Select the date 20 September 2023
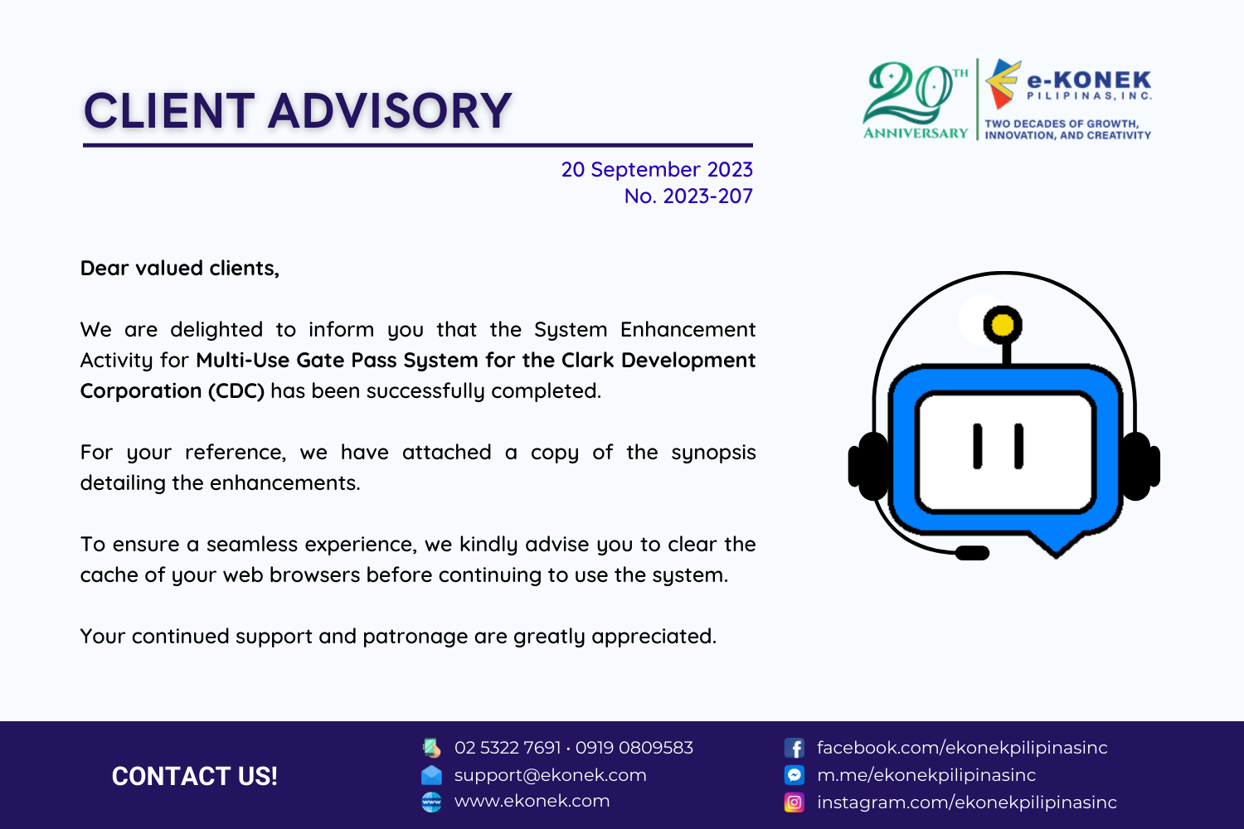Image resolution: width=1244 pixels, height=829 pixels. (x=657, y=169)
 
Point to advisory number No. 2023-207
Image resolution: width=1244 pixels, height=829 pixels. (x=688, y=196)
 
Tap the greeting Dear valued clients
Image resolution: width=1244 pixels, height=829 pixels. (x=179, y=269)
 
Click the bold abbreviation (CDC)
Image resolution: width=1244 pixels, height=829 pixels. (x=236, y=391)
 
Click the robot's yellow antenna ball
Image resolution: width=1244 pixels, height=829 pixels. (x=1003, y=325)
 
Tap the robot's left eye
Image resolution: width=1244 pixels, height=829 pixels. (x=978, y=447)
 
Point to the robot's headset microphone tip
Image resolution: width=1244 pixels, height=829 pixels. (x=972, y=553)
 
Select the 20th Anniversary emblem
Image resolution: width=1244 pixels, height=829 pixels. (x=916, y=100)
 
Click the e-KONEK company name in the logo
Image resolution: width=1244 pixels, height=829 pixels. (x=1088, y=80)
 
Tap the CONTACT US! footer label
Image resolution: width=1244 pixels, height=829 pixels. (x=194, y=776)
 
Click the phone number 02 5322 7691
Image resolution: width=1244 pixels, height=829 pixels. (x=508, y=748)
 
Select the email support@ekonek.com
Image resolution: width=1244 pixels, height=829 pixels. (x=551, y=775)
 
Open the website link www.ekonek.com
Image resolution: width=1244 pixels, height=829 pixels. (x=532, y=802)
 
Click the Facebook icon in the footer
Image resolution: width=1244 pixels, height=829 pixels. (x=795, y=748)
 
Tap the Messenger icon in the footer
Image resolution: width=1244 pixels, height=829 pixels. (x=795, y=775)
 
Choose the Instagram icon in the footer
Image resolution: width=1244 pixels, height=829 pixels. (x=795, y=802)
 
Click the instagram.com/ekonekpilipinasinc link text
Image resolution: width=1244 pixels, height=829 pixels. (x=967, y=802)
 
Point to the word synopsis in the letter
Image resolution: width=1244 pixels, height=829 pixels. (x=713, y=453)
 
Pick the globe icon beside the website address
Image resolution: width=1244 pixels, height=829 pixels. (x=431, y=802)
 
